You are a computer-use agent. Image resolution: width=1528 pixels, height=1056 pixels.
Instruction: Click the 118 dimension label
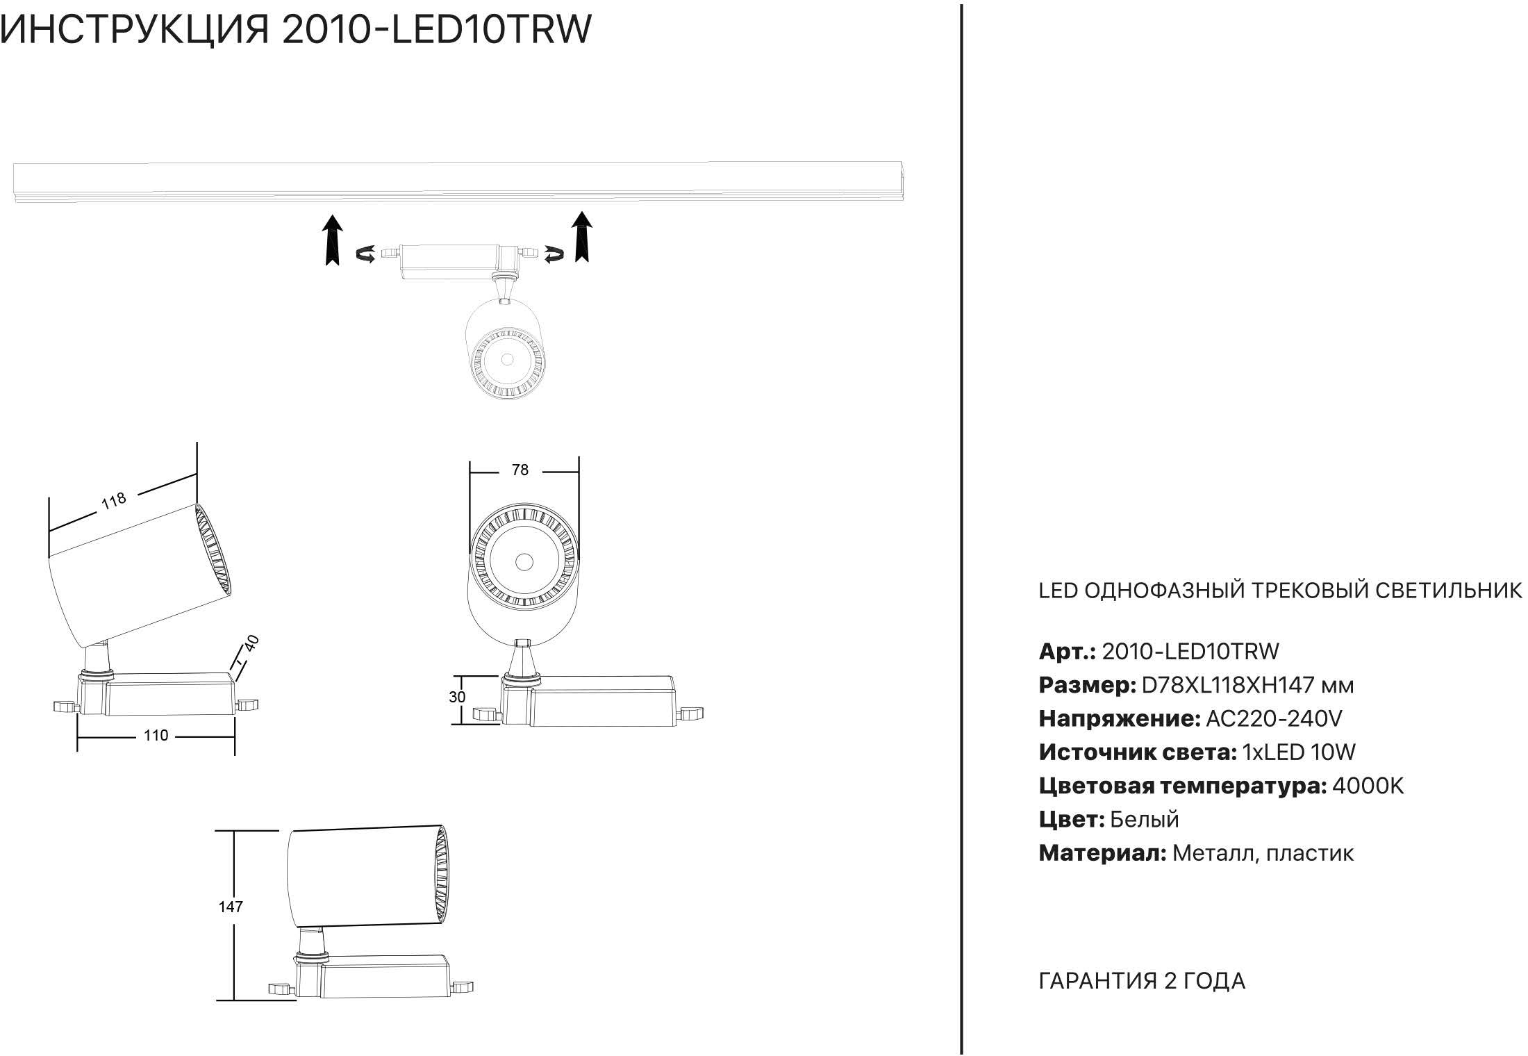[x=114, y=500]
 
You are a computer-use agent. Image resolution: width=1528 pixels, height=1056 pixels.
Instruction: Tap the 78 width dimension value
[x=520, y=470]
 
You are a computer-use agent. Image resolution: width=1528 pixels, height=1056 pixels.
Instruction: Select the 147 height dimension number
[x=231, y=907]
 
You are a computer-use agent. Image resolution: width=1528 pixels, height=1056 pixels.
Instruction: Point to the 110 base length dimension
[x=156, y=736]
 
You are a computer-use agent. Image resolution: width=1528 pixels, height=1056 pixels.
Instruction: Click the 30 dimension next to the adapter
[x=457, y=697]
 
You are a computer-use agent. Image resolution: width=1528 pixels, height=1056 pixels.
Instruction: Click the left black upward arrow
[x=333, y=240]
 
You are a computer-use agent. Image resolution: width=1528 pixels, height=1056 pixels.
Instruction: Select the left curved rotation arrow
[x=366, y=255]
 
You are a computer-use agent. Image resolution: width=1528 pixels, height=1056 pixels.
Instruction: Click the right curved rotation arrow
[x=554, y=255]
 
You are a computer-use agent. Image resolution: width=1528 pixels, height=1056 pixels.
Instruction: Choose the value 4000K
[x=1368, y=786]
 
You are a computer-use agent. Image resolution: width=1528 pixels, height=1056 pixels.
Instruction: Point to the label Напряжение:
[x=1119, y=718]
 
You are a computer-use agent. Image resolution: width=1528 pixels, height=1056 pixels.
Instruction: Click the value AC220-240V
[x=1274, y=718]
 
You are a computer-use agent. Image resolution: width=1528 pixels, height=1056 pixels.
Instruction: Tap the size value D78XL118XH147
[x=1228, y=685]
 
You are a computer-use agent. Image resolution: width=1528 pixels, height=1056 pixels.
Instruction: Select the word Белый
[x=1144, y=820]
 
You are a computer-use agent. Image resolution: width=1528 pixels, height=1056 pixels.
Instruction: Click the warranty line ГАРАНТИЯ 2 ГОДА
[x=1141, y=981]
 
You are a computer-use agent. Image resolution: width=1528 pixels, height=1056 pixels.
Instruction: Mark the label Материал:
[x=1102, y=853]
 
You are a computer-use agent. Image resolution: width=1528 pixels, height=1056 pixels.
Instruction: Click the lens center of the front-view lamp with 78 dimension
[x=524, y=561]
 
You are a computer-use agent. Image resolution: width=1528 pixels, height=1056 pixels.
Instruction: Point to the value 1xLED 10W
[x=1298, y=752]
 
